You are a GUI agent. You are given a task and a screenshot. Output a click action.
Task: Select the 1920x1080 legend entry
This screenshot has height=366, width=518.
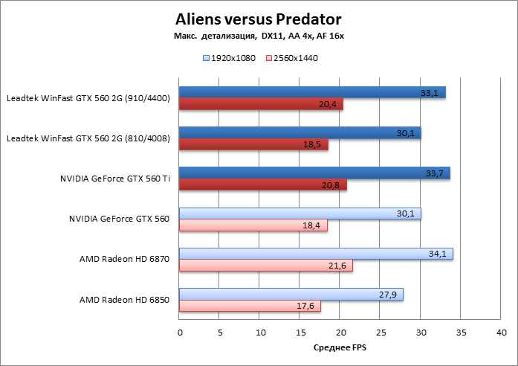click(229, 57)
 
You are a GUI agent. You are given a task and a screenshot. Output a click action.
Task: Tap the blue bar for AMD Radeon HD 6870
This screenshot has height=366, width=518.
click(316, 254)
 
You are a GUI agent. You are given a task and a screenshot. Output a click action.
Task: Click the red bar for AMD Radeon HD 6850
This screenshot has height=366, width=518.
click(250, 306)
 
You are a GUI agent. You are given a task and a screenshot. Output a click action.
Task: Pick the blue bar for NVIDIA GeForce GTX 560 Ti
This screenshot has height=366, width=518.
click(314, 173)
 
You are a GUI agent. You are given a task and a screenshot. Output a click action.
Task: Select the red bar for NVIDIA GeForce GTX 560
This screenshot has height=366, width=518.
click(253, 225)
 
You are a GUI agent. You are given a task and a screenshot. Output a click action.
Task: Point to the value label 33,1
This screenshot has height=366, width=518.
click(429, 93)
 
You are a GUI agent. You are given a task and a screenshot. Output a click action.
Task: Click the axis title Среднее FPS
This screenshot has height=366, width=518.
click(340, 347)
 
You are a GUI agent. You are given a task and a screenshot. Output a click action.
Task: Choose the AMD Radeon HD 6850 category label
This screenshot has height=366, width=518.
click(124, 300)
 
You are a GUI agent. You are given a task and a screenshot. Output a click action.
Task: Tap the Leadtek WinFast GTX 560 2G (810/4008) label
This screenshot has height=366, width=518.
click(88, 139)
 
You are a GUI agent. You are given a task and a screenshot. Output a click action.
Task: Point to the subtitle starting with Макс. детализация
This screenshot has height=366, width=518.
click(259, 36)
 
